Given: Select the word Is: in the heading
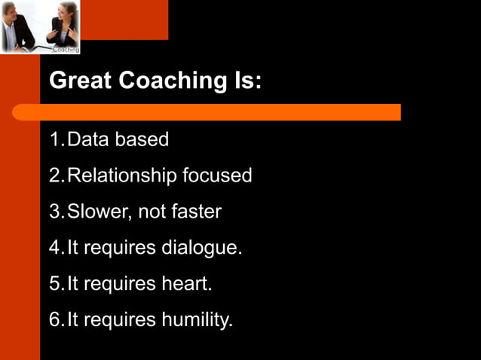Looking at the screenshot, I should point(243,81).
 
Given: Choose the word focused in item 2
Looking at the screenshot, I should point(217,176).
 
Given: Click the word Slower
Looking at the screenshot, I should point(96,212).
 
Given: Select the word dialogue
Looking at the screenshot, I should point(202,249).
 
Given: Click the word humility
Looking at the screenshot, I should point(198,321).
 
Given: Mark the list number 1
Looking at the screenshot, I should point(55,140).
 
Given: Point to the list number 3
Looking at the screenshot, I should point(55,212).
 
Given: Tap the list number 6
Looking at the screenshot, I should point(55,321).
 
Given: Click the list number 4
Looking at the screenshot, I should point(55,249).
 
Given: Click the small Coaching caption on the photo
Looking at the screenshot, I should point(66,50).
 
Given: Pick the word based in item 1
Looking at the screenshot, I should point(142,140).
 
